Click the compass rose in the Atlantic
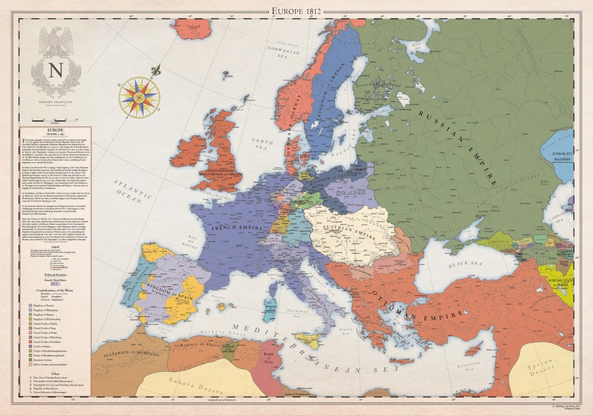tap(139, 97)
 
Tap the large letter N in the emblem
tap(56, 70)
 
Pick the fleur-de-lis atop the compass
tap(155, 71)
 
